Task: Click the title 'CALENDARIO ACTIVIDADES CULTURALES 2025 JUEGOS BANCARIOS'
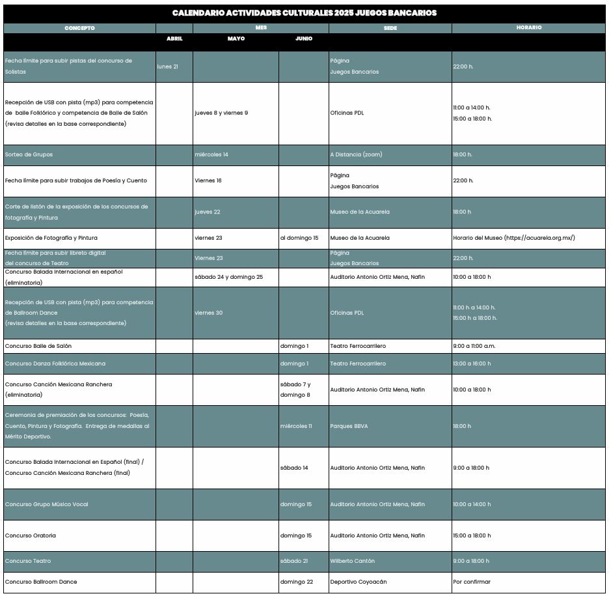coord(305,13)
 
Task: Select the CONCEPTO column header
coord(79,28)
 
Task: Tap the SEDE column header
coord(390,28)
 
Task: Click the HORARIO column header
coord(529,28)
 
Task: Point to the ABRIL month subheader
coord(174,38)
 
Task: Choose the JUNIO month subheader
coord(304,38)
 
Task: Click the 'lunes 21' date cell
coord(168,66)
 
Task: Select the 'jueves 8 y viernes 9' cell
coord(221,113)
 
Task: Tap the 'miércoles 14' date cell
coord(211,155)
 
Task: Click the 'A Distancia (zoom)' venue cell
coord(356,155)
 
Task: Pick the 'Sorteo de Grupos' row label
coord(29,155)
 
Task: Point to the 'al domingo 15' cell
coord(299,238)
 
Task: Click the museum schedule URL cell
coord(514,238)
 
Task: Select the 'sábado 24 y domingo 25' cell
coord(228,278)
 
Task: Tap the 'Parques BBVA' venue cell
coord(349,427)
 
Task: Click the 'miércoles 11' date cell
coord(296,427)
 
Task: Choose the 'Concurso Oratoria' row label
coord(31,536)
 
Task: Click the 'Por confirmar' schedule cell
coord(472,582)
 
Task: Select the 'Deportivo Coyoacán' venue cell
coord(359,582)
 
